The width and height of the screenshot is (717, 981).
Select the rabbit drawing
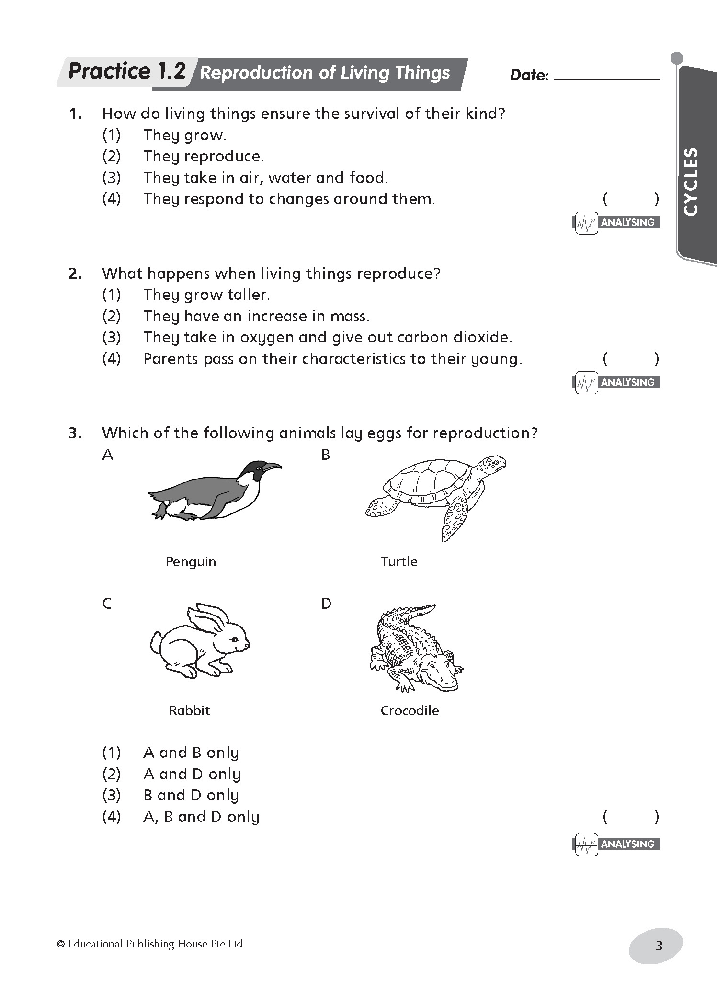coord(199,642)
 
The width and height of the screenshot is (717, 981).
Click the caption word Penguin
coord(191,562)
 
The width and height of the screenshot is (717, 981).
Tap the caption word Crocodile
coord(410,710)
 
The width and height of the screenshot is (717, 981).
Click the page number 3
coord(659,946)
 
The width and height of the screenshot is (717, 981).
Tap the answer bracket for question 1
coord(631,199)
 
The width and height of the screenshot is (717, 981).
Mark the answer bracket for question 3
coord(631,817)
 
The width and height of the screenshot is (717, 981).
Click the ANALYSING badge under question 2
coord(616,382)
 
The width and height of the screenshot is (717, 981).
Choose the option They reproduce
coord(203,157)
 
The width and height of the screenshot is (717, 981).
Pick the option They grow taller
coord(206,295)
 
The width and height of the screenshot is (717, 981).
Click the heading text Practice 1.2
coord(127,72)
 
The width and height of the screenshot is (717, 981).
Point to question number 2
coord(75,274)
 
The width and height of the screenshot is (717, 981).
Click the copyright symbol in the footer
coord(61,944)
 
